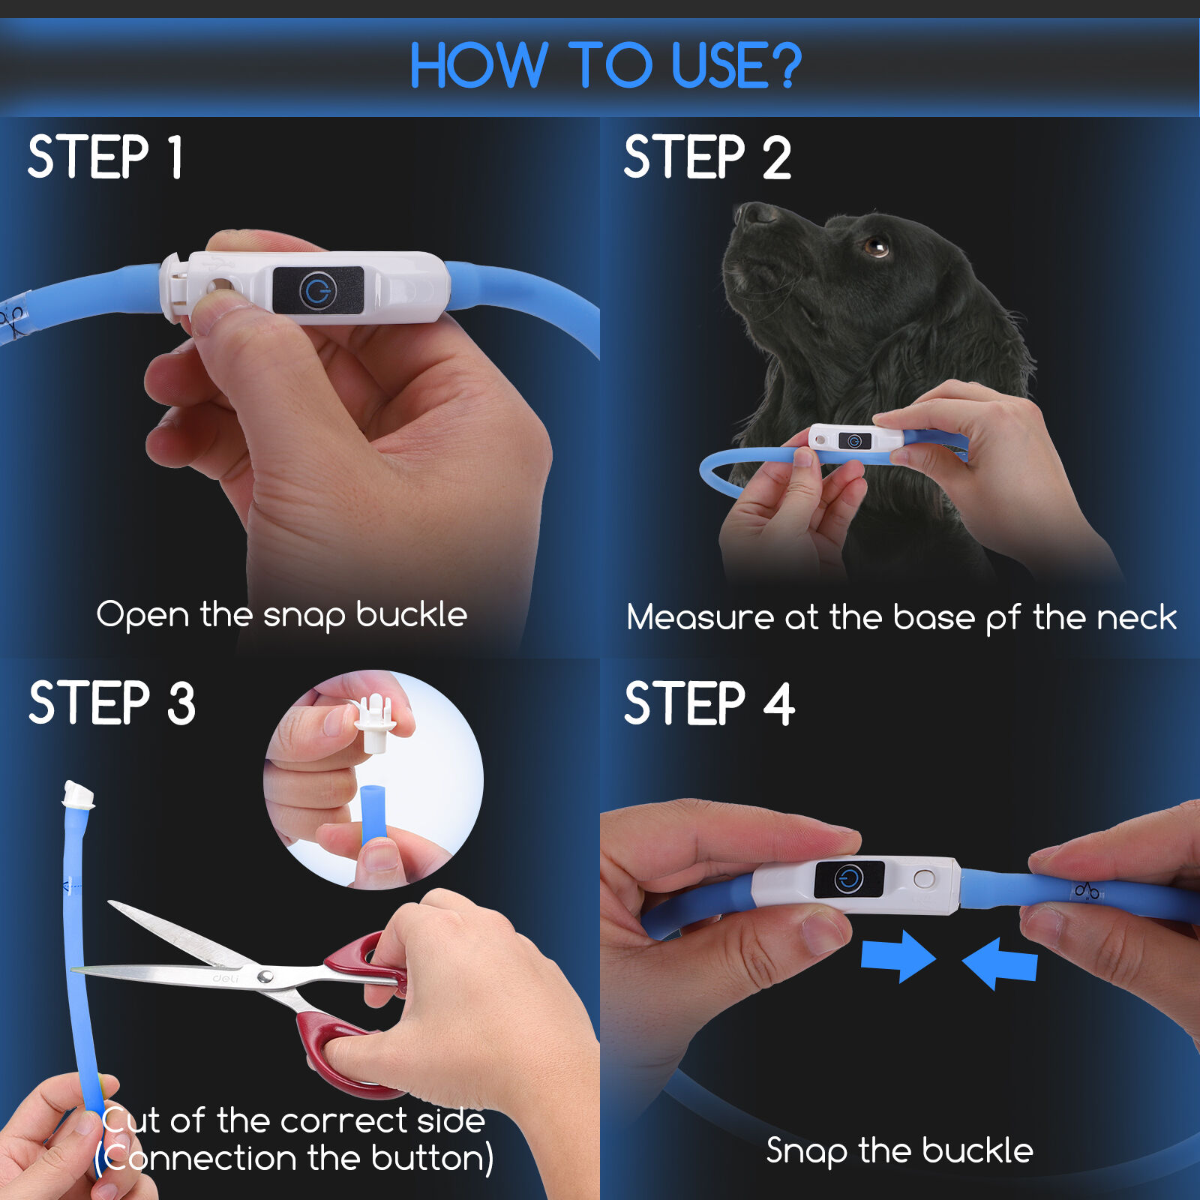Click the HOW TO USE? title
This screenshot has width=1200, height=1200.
pos(605,65)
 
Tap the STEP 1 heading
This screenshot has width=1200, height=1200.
pos(105,157)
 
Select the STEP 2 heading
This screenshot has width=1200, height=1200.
pos(707,157)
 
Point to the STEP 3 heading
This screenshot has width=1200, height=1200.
pos(112,703)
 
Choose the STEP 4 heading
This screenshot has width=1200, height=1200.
pos(709,703)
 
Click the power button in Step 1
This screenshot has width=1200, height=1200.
pos(318,289)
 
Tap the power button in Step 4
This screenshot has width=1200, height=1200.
pos(849,878)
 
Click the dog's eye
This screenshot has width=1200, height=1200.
pos(874,245)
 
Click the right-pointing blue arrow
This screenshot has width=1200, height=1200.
pos(898,956)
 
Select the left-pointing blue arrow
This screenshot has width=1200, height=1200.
pos(999,963)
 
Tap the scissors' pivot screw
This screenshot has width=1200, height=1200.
pos(265,976)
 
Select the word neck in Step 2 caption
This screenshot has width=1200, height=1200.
pos(1136,617)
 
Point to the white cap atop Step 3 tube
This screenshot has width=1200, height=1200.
pos(78,794)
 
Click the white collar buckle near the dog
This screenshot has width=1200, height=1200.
pos(855,439)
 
